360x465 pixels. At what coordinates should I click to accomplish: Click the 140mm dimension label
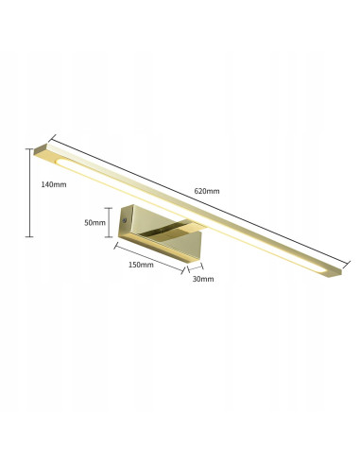[54, 184]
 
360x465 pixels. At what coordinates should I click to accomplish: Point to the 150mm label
[140, 266]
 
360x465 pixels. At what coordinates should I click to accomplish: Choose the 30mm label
[202, 280]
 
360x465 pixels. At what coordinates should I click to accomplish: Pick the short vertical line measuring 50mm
[110, 223]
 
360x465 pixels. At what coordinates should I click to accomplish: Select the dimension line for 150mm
[148, 256]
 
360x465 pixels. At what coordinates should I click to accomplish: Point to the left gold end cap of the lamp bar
[40, 149]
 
